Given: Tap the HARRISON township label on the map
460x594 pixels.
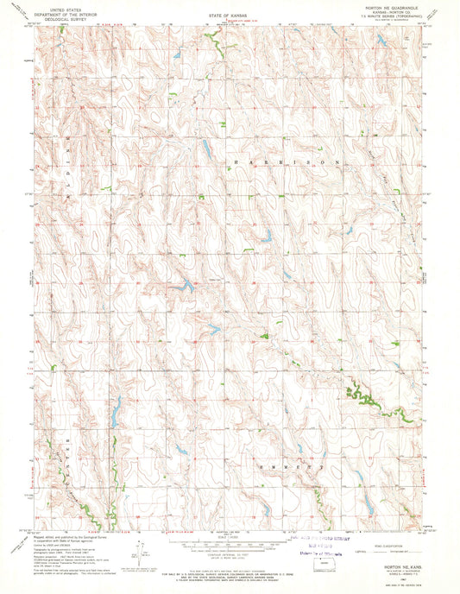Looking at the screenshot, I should pos(280,161).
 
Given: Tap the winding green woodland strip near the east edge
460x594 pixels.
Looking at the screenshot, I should pos(362,398).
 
